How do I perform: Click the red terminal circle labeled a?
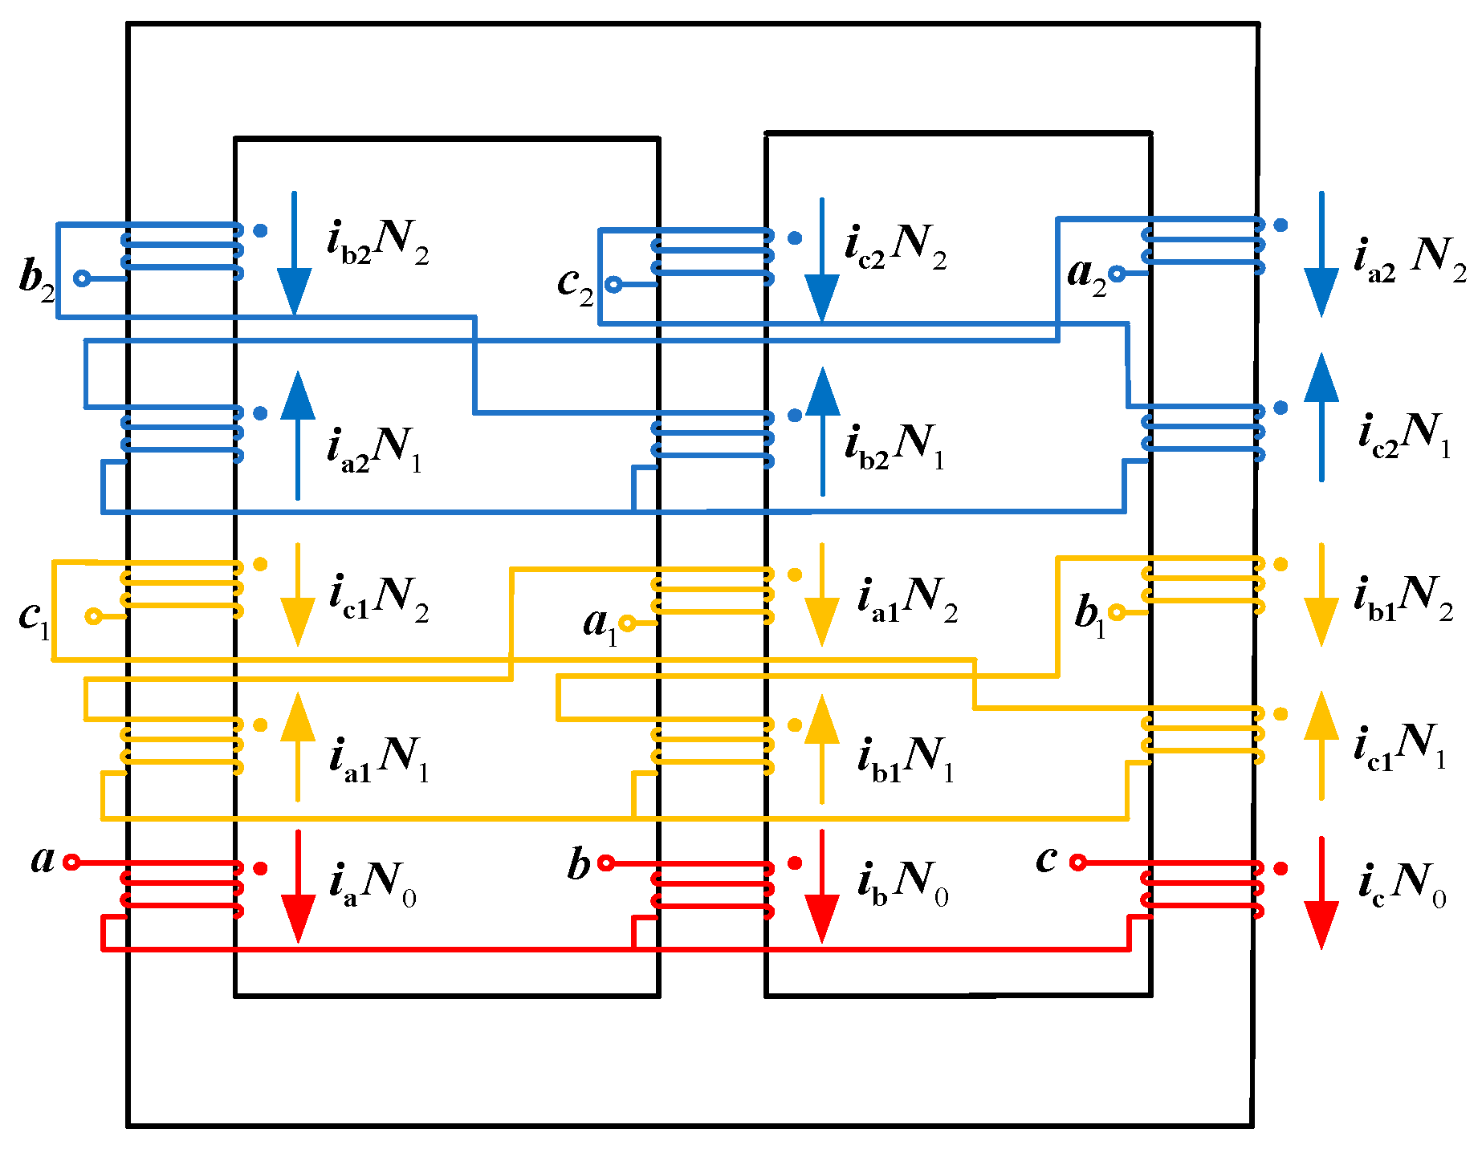coord(71,863)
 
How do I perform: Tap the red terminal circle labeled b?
coord(606,863)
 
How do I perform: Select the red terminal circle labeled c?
coord(1078,863)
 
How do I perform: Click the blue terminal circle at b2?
coord(81,278)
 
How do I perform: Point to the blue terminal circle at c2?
coord(613,284)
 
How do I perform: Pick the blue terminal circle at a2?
coord(1117,274)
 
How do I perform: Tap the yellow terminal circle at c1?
coord(93,616)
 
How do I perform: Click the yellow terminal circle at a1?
coord(627,623)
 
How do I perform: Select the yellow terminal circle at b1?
coord(1116,612)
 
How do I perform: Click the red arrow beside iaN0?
coord(298,887)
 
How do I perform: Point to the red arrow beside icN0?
coord(1321,892)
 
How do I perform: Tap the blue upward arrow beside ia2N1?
coord(298,435)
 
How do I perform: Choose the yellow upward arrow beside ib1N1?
coord(821,748)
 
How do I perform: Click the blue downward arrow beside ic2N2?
coord(821,259)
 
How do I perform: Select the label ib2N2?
coord(377,240)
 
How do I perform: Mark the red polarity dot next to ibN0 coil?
coord(795,863)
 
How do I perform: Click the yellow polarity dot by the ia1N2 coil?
coord(795,574)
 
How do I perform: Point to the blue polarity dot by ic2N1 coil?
coord(1280,408)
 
